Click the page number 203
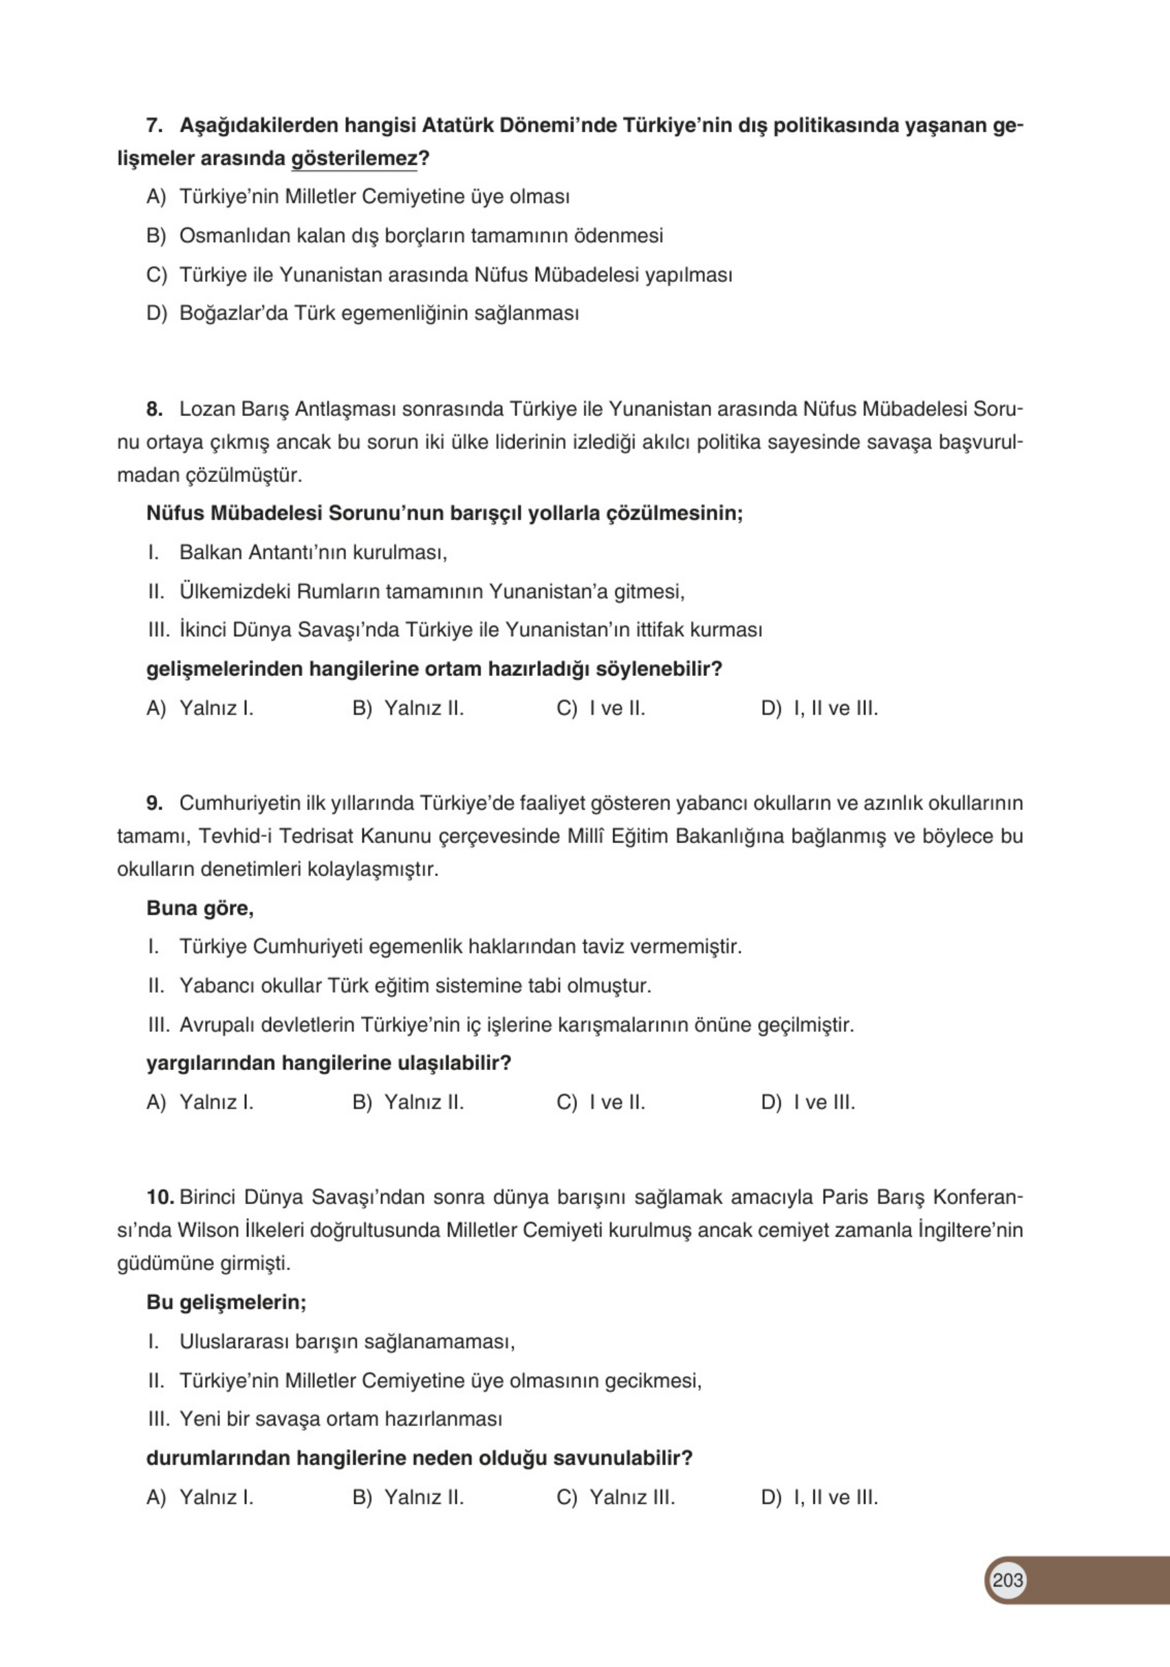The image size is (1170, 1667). pyautogui.click(x=1007, y=1580)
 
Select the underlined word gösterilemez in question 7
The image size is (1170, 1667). pyautogui.click(x=354, y=158)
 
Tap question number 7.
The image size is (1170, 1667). pyautogui.click(x=154, y=126)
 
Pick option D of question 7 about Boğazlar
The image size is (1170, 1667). pyautogui.click(x=362, y=314)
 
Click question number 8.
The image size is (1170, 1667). pyautogui.click(x=154, y=409)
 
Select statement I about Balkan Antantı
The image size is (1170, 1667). pyautogui.click(x=298, y=552)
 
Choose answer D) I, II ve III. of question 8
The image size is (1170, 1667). pyautogui.click(x=819, y=708)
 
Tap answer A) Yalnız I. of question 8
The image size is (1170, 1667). pyautogui.click(x=199, y=708)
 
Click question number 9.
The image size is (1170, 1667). pyautogui.click(x=154, y=803)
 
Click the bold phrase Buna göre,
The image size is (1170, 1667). pyautogui.click(x=199, y=908)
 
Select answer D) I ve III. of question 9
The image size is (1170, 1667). pyautogui.click(x=808, y=1102)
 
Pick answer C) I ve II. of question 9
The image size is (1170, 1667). pyautogui.click(x=600, y=1102)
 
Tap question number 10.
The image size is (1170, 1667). pyautogui.click(x=159, y=1197)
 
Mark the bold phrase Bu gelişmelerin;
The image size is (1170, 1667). pyautogui.click(x=226, y=1302)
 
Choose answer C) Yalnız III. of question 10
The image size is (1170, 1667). pyautogui.click(x=615, y=1497)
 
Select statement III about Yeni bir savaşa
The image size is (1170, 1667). pyautogui.click(x=325, y=1419)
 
